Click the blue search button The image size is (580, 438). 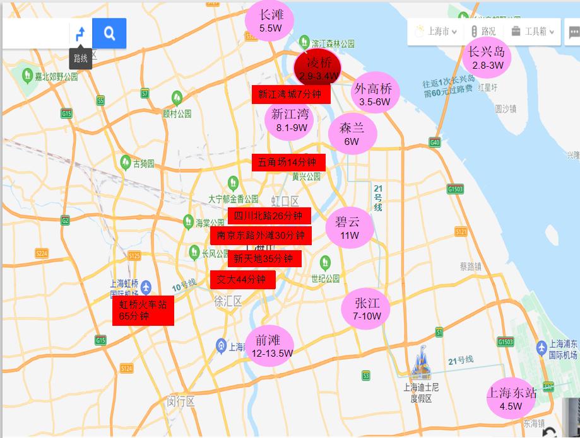(109, 33)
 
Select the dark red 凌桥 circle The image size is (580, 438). (317, 68)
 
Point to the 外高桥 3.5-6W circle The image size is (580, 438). (374, 95)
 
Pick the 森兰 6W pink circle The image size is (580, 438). (352, 134)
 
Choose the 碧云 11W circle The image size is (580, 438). (349, 228)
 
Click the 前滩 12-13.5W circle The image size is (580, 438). (269, 346)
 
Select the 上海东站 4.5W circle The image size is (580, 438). (511, 398)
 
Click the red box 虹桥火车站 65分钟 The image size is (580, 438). (143, 310)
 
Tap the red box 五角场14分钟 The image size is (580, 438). (288, 162)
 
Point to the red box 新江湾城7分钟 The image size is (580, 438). (290, 95)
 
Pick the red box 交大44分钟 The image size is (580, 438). (243, 279)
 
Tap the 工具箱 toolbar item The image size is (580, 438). (534, 31)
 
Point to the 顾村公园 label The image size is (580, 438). (177, 114)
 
